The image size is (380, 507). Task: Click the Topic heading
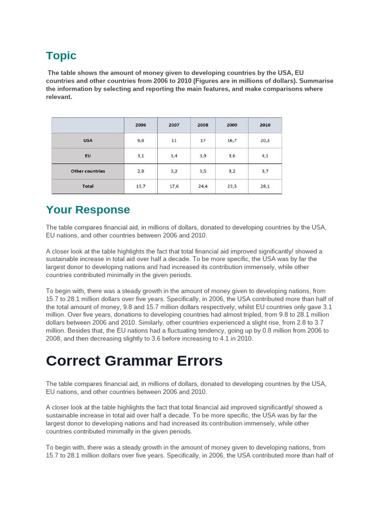[x=61, y=55]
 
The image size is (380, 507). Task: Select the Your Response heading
[x=88, y=209]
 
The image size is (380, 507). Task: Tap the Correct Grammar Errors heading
[x=134, y=361]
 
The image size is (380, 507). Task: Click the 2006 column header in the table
[x=141, y=125]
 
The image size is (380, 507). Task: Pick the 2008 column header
[x=203, y=125]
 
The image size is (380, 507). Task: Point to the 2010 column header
[x=265, y=125]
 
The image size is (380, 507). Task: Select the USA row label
[x=88, y=141]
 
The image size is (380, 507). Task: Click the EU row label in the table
[x=88, y=156]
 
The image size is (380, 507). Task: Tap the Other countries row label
[x=88, y=171]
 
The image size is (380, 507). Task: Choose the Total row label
[x=88, y=187]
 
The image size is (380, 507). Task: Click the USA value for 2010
[x=265, y=141]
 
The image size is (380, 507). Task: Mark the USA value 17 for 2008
[x=203, y=141]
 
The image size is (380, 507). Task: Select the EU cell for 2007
[x=174, y=156]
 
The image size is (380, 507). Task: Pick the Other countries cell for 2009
[x=232, y=171]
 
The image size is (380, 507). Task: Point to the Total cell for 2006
[x=141, y=187]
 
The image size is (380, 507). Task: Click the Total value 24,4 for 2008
[x=203, y=187]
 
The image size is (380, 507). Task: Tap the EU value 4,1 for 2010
[x=265, y=156]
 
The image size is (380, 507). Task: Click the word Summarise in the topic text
[x=315, y=81]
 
